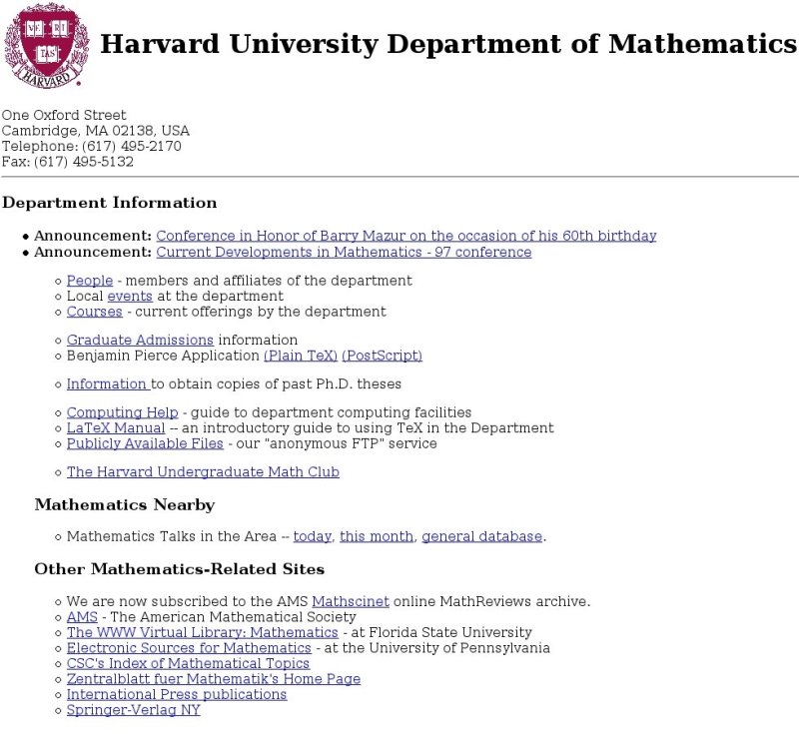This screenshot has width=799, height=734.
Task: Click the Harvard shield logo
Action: click(x=47, y=45)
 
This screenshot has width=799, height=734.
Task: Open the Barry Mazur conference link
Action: click(x=405, y=237)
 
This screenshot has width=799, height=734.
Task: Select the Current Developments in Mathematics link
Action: click(x=344, y=253)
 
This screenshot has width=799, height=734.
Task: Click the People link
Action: click(x=90, y=282)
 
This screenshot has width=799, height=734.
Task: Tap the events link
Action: click(x=130, y=297)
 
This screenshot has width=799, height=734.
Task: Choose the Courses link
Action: click(x=95, y=312)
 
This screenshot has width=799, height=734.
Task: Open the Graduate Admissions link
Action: click(x=140, y=341)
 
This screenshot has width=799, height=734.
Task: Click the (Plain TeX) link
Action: click(x=300, y=356)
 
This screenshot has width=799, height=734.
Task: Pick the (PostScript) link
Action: click(x=382, y=356)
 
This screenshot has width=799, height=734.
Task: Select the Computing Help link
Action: click(x=122, y=412)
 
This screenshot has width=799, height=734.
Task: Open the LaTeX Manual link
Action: click(x=116, y=428)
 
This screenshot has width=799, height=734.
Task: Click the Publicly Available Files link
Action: click(x=145, y=443)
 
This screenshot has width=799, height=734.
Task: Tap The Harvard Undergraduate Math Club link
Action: click(x=203, y=472)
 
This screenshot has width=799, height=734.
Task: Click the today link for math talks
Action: click(x=312, y=537)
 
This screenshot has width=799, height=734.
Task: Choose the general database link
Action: click(x=481, y=537)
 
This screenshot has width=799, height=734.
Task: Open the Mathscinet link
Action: click(x=350, y=602)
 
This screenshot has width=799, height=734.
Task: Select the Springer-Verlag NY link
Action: click(x=133, y=710)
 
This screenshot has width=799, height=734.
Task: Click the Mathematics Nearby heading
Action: click(x=124, y=505)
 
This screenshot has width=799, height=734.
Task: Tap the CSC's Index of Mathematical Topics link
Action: click(x=188, y=664)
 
